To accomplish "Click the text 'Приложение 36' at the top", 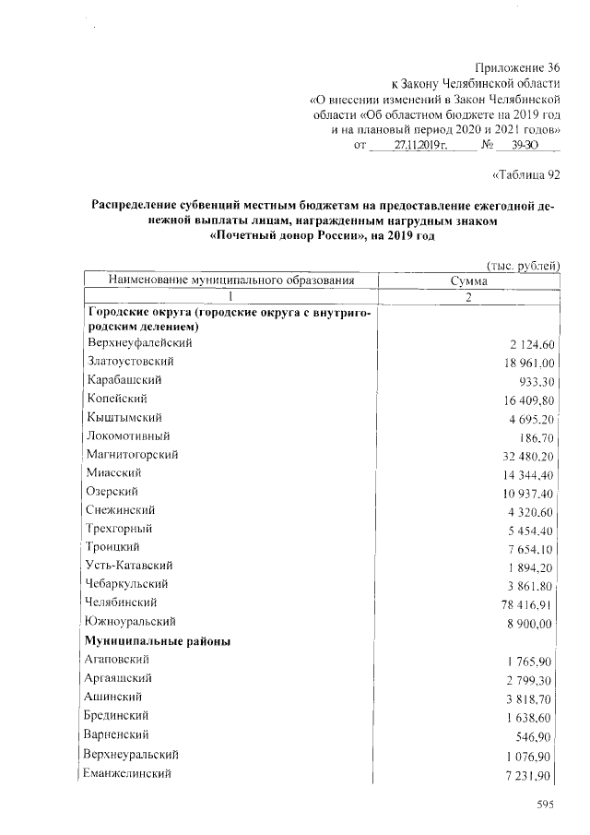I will (x=516, y=67).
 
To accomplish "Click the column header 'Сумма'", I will (x=468, y=280).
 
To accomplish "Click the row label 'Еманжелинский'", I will (x=130, y=771).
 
